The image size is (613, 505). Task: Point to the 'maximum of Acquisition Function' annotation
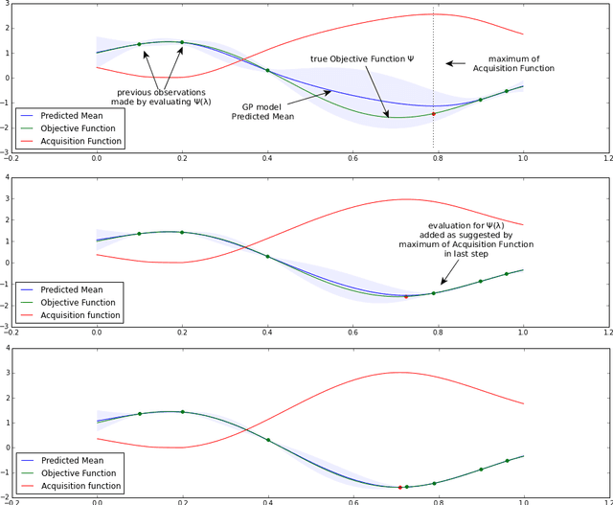click(x=520, y=63)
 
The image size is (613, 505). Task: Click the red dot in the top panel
click(x=433, y=114)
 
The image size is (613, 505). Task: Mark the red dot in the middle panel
click(x=406, y=297)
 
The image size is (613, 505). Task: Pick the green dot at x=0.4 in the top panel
click(x=267, y=71)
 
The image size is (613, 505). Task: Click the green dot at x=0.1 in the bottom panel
click(x=139, y=414)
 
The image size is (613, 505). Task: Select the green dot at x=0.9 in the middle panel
click(x=481, y=282)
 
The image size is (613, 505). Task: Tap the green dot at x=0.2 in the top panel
click(x=182, y=42)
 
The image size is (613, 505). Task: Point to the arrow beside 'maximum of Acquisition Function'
click(x=456, y=64)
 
